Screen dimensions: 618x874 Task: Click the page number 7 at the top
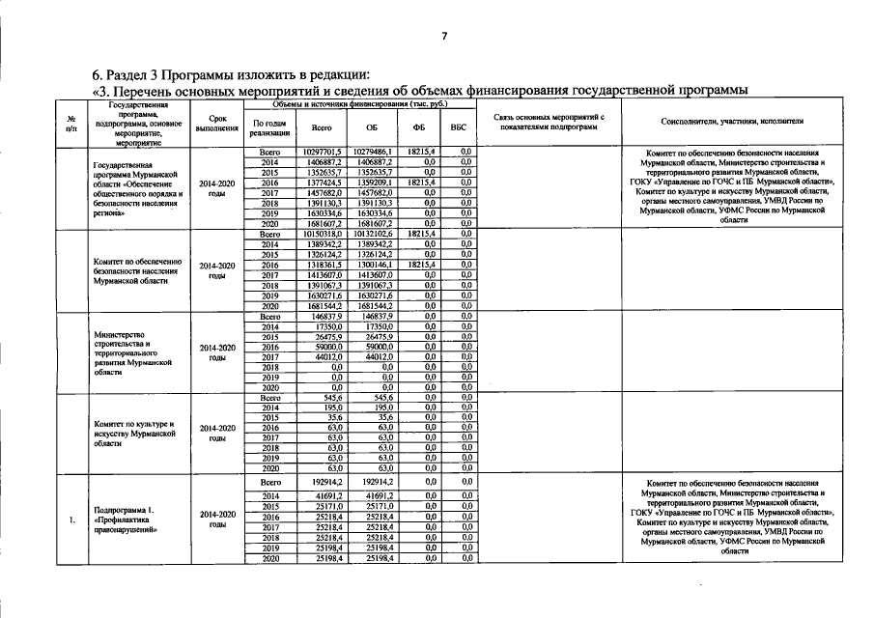(443, 36)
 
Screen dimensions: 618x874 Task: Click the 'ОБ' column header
(372, 126)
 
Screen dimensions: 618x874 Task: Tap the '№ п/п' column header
(71, 123)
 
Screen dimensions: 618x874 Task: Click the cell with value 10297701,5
(323, 153)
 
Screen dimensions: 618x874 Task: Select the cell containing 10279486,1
(371, 153)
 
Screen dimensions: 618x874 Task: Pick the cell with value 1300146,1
(373, 265)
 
